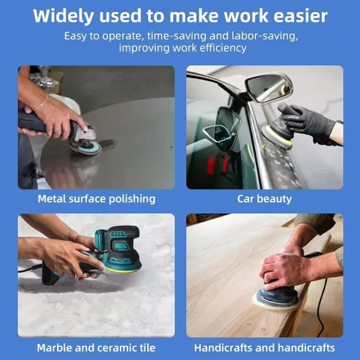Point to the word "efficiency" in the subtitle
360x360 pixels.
click(219, 48)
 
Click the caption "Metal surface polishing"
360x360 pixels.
click(96, 199)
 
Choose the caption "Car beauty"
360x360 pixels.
click(264, 199)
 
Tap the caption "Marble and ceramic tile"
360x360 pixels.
click(96, 348)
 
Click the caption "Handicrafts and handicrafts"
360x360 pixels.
click(264, 348)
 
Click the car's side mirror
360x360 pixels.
click(269, 88)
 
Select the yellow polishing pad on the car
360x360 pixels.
click(276, 138)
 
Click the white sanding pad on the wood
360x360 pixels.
click(276, 301)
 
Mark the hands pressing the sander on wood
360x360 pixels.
click(287, 264)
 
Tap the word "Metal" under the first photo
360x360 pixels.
click(51, 199)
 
